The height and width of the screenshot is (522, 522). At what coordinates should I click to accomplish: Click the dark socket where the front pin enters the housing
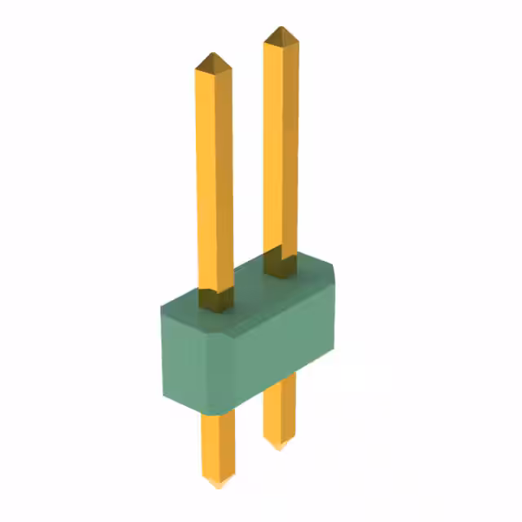214,300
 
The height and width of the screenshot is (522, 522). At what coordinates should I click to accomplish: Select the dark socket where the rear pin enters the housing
281,264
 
